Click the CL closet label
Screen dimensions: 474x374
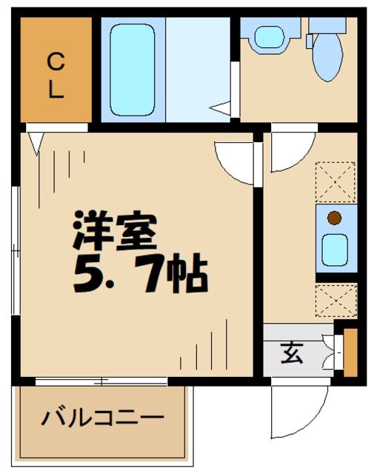56,75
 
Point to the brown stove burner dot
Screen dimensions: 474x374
334,218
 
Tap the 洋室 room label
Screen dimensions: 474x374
115,232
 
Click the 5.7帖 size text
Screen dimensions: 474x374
140,274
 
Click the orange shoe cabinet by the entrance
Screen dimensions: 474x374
350,351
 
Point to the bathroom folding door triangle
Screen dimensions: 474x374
221,109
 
